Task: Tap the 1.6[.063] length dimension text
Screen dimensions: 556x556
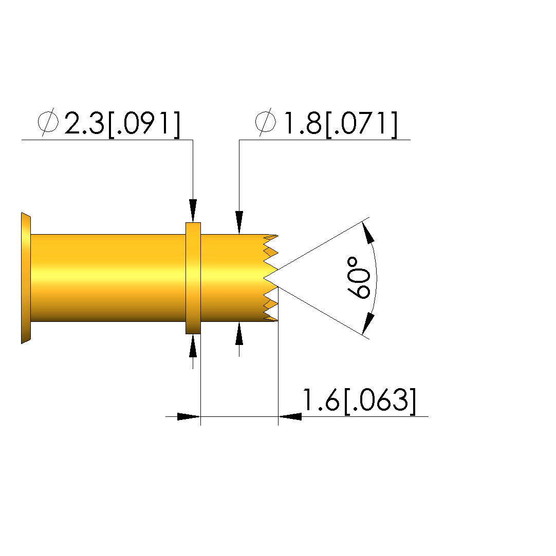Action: pos(359,400)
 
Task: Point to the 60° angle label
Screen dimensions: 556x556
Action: pos(358,278)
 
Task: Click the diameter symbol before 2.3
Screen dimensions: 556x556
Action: pos(48,122)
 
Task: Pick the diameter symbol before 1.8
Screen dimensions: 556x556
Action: pos(265,122)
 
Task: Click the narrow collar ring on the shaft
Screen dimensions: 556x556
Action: pos(193,278)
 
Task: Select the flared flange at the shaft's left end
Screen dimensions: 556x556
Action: pos(26,278)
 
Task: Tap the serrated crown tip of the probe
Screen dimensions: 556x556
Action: pos(270,278)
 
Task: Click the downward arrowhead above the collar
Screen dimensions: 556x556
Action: pos(193,210)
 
